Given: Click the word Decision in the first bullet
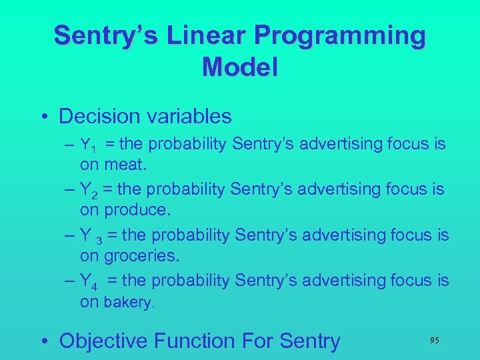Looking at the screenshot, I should (99, 117).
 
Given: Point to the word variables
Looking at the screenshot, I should (187, 117).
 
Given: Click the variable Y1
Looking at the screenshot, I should (88, 145).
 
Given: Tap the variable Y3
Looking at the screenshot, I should (90, 236).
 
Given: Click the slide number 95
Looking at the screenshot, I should (434, 341).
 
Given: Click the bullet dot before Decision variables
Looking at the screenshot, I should (44, 117).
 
